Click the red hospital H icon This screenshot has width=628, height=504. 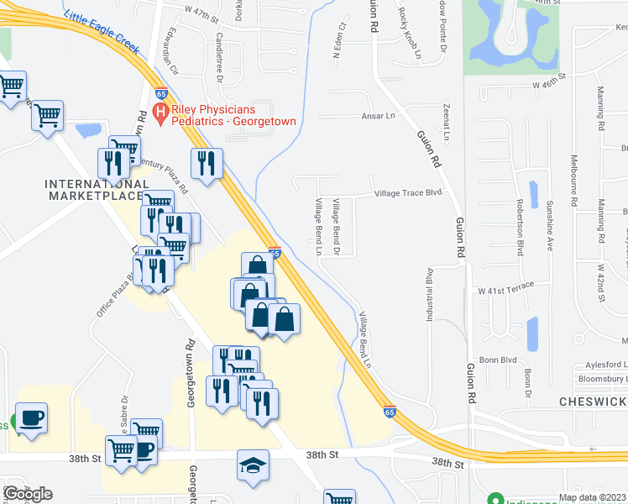(160, 113)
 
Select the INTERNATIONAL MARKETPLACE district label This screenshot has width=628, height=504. (94, 190)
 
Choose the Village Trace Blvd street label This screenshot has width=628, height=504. (407, 192)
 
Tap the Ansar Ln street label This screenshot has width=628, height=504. (377, 116)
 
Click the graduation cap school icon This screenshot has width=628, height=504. (250, 464)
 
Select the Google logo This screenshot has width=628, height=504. (28, 494)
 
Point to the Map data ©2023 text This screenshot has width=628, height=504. (592, 497)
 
